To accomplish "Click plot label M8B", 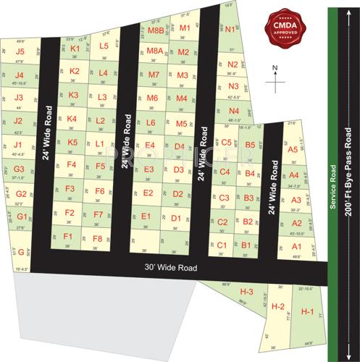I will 154,31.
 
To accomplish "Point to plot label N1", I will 230,30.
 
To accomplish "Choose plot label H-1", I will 307,312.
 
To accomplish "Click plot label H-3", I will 246,291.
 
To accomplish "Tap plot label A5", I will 293,149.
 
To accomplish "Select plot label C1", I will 222,245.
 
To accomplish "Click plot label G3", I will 19,169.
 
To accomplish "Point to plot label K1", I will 74,49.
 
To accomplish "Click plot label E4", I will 149,146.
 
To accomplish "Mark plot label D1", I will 175,217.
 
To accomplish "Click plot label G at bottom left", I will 22,252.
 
